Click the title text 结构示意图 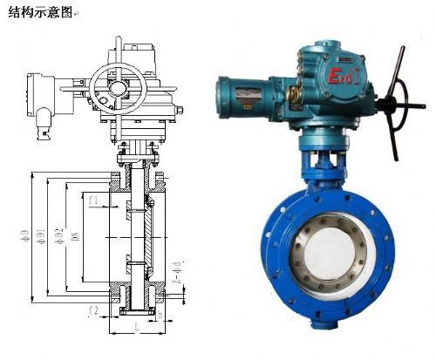point(37,12)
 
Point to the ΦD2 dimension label point(58,235)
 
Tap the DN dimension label point(73,236)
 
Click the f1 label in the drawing point(92,200)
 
